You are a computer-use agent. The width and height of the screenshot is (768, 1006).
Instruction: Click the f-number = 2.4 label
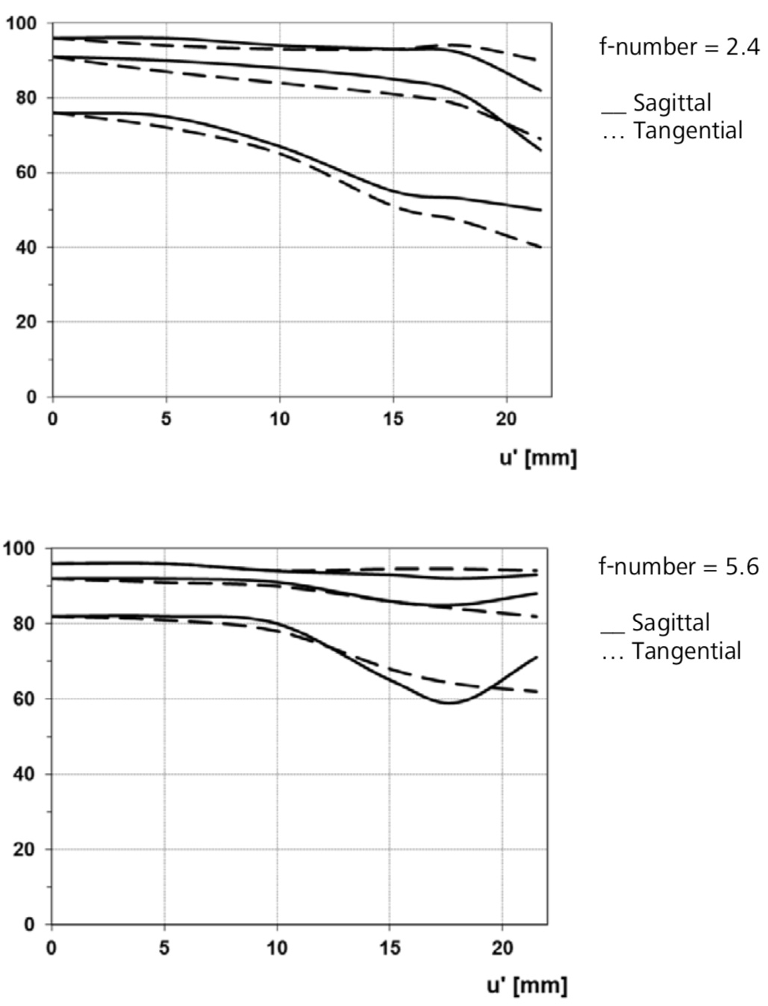[x=680, y=47]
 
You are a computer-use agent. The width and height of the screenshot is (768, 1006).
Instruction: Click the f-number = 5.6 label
[x=678, y=567]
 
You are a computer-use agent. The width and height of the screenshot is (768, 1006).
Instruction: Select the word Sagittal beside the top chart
[x=672, y=102]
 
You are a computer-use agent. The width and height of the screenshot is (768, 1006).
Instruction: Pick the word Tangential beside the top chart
[x=688, y=131]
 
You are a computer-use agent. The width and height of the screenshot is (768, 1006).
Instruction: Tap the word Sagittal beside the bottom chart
[x=671, y=622]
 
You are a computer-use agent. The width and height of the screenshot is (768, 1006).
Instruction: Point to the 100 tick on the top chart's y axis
[x=21, y=23]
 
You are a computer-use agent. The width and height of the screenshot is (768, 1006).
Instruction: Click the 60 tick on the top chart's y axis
[x=26, y=173]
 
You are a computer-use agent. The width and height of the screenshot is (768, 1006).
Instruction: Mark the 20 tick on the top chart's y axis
[x=26, y=322]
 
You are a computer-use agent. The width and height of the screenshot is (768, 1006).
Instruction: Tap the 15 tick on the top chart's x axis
[x=393, y=419]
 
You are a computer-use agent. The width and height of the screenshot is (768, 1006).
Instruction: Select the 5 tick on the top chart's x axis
[x=166, y=419]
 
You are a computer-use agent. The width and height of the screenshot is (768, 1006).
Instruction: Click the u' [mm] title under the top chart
[x=538, y=459]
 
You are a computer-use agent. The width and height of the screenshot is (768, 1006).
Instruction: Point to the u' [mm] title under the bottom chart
[x=527, y=984]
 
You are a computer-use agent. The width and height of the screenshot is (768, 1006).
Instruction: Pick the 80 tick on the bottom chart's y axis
[x=25, y=624]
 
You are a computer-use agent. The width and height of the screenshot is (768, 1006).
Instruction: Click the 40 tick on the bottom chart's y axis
[x=25, y=774]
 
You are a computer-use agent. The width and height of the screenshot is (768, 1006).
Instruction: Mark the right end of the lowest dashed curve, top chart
[x=541, y=247]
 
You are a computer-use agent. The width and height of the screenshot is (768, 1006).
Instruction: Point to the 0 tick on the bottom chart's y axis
[x=30, y=925]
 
